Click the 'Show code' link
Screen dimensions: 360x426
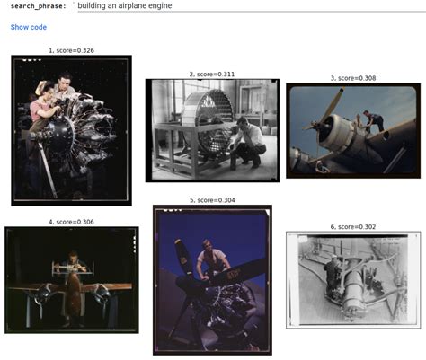pos(28,28)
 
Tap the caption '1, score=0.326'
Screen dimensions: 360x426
pos(71,51)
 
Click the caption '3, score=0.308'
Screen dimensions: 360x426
pos(353,78)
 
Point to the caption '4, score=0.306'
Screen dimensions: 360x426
pos(71,221)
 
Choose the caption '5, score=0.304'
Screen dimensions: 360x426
pos(212,199)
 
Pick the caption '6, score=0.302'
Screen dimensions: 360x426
pos(353,227)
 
